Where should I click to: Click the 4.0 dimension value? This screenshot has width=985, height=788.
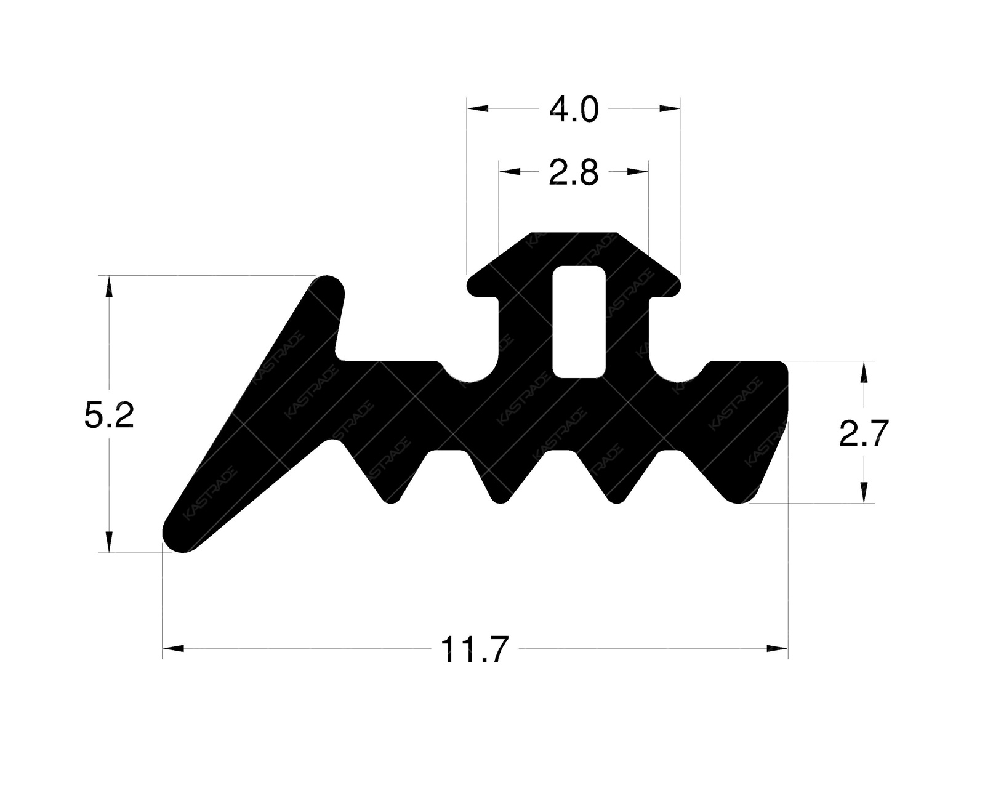pos(573,110)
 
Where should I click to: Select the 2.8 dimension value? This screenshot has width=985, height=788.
pos(573,174)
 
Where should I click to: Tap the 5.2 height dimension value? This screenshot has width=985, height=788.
pos(109,417)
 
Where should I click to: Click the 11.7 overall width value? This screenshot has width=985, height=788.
pos(475,650)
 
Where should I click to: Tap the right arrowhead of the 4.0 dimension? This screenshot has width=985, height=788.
pos(670,108)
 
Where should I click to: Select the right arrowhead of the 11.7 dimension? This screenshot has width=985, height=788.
pos(778,648)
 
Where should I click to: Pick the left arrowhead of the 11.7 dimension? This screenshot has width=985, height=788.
pos(174,648)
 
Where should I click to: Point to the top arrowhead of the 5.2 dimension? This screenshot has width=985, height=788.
pos(109,286)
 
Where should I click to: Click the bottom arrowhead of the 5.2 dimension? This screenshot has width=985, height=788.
pos(109,541)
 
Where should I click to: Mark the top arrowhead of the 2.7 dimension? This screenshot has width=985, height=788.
pos(864,371)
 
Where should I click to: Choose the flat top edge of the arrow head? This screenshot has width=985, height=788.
pos(573,234)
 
